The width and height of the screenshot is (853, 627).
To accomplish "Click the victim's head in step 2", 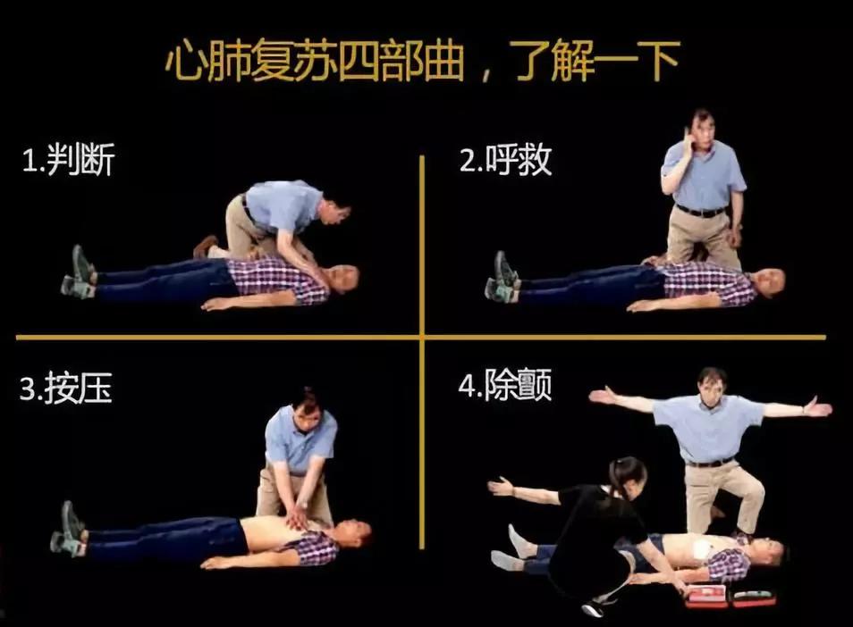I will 769,281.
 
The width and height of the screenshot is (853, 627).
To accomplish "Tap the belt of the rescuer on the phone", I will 702,212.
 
